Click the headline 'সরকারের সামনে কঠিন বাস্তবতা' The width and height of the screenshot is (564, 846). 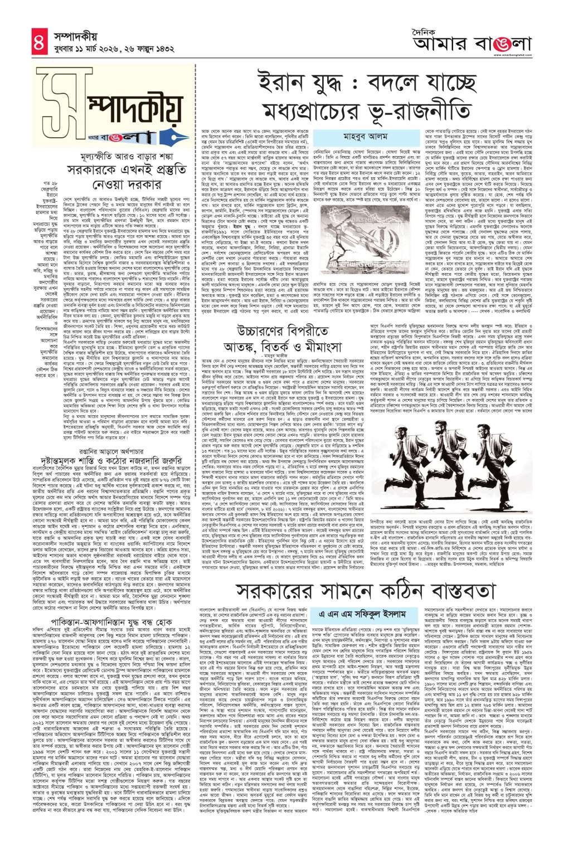pyautogui.click(x=379, y=586)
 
